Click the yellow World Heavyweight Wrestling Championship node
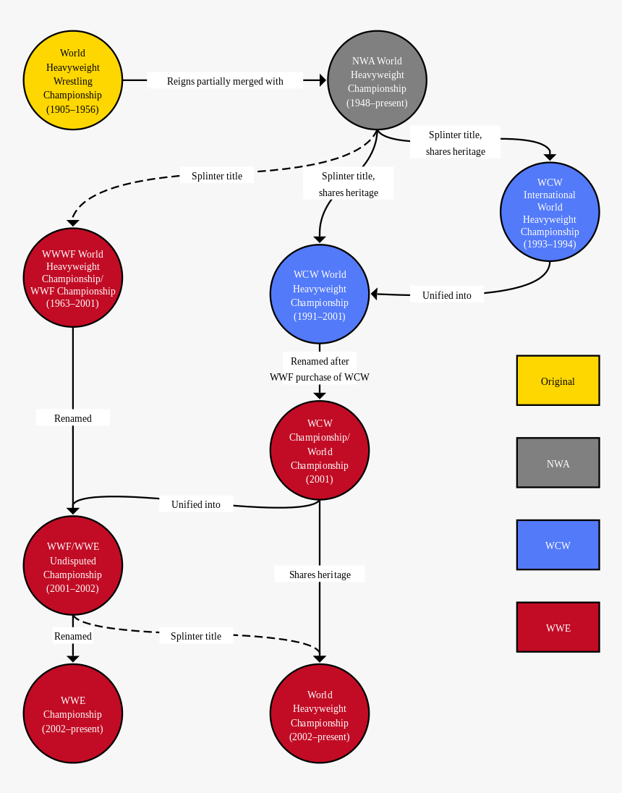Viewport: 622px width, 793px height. click(x=73, y=80)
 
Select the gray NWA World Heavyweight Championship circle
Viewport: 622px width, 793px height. click(x=377, y=80)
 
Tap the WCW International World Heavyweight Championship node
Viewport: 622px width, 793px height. click(x=550, y=211)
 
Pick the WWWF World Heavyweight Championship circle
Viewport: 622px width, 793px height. click(x=73, y=278)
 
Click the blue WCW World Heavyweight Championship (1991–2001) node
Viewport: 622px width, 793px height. click(x=320, y=294)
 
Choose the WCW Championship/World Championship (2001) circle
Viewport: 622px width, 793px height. click(x=320, y=450)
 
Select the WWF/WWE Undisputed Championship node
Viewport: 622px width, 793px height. click(x=73, y=565)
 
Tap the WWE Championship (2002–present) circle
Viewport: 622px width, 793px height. click(x=73, y=713)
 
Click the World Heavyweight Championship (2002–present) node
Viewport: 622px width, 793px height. click(x=320, y=713)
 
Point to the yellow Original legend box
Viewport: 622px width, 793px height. click(x=558, y=381)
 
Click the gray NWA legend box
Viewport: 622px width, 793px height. click(x=558, y=463)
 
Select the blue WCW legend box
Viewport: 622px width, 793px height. click(x=558, y=545)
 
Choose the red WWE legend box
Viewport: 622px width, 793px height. click(x=558, y=627)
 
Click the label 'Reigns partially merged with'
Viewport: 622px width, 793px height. click(x=225, y=81)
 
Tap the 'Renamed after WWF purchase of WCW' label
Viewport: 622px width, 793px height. click(x=320, y=369)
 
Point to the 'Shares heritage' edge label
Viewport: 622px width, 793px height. click(x=320, y=574)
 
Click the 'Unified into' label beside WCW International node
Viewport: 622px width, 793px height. click(x=447, y=295)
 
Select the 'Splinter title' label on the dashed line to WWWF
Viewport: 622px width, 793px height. click(x=217, y=176)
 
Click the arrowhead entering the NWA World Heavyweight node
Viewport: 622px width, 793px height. click(x=323, y=80)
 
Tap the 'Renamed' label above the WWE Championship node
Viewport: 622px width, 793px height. click(x=73, y=636)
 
